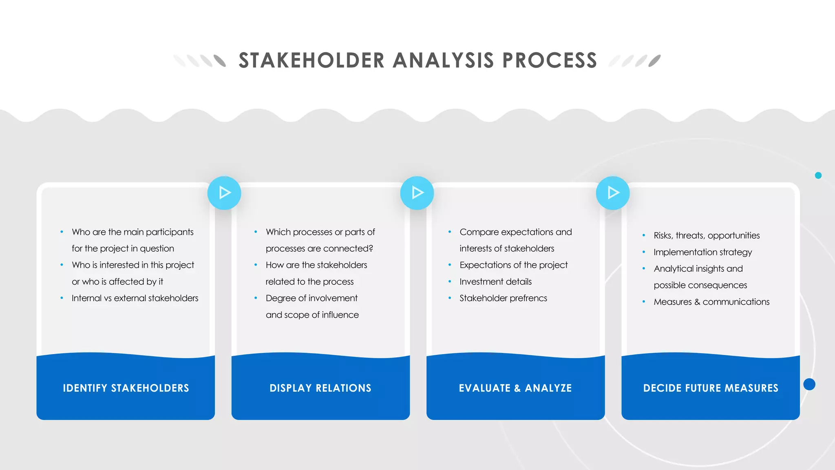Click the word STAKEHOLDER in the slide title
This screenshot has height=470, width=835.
coord(311,61)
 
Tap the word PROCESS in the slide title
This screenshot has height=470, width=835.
coord(550,61)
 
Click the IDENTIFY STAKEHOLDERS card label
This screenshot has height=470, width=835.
coord(126,388)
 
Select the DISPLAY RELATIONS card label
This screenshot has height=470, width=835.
coord(320,388)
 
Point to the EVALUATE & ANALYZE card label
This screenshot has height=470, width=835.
coord(515,388)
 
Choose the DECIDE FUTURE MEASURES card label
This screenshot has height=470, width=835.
coord(711,388)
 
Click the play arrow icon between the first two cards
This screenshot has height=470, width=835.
coord(224,193)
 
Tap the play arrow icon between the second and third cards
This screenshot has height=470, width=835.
coord(417,193)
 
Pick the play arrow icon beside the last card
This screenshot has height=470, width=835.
coord(613,193)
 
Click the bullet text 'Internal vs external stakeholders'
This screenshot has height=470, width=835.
coord(135,298)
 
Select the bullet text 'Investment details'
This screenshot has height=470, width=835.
coord(495,282)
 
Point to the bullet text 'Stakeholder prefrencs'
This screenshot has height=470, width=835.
coord(503,298)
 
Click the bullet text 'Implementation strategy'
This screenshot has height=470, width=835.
coord(702,252)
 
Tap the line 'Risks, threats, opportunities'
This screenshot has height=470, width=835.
coord(707,235)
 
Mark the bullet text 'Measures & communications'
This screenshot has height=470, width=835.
coord(711,302)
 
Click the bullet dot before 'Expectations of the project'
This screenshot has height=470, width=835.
coord(450,265)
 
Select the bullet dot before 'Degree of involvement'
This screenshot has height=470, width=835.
coord(256,298)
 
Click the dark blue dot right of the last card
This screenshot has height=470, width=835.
coord(809,384)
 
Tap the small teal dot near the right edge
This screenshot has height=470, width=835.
coord(818,175)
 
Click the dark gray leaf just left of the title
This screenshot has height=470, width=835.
coord(220,61)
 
